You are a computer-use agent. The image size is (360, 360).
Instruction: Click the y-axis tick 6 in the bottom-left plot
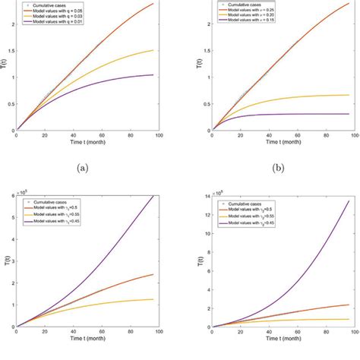11,196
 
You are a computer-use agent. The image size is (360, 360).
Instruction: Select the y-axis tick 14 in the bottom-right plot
207,196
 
